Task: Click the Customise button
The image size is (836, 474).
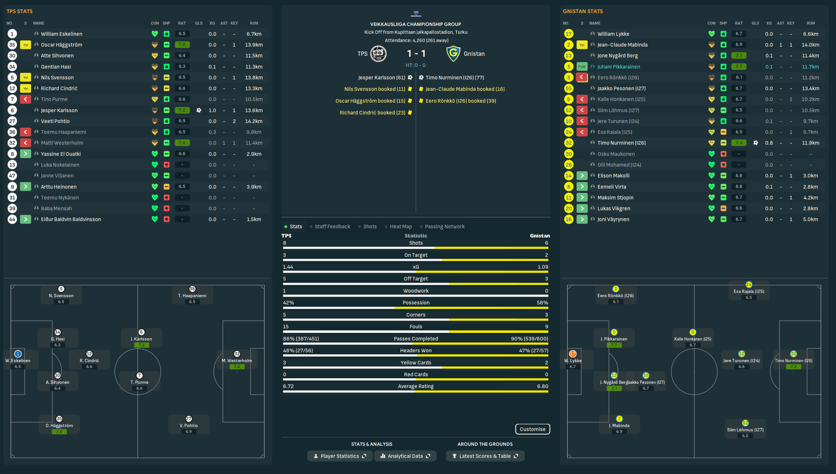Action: [x=532, y=429]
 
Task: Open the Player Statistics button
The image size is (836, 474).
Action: [x=340, y=456]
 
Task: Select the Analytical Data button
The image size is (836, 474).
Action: [x=405, y=456]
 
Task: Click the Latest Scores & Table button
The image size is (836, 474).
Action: [x=485, y=456]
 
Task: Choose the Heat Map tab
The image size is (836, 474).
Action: [x=400, y=227]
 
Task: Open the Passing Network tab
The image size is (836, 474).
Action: [x=444, y=227]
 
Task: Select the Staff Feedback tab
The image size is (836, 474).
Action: [x=332, y=227]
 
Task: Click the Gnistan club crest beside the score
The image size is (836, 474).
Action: [x=453, y=54]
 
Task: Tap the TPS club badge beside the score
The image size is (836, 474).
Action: [x=378, y=54]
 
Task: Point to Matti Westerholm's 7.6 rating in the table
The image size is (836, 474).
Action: [x=182, y=143]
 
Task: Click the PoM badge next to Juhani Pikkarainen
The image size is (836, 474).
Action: [x=582, y=67]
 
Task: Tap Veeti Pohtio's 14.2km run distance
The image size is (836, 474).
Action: [x=254, y=121]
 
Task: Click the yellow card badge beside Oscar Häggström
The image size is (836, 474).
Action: [x=26, y=45]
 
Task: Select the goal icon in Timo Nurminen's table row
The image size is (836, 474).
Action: [x=756, y=143]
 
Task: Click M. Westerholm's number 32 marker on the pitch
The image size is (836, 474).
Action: [x=237, y=354]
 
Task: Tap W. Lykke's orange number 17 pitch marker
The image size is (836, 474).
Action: [x=573, y=354]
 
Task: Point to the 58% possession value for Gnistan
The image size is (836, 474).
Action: [x=542, y=303]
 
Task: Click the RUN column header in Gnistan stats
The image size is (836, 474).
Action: [x=810, y=23]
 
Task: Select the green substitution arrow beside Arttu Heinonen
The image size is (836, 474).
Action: [x=26, y=187]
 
